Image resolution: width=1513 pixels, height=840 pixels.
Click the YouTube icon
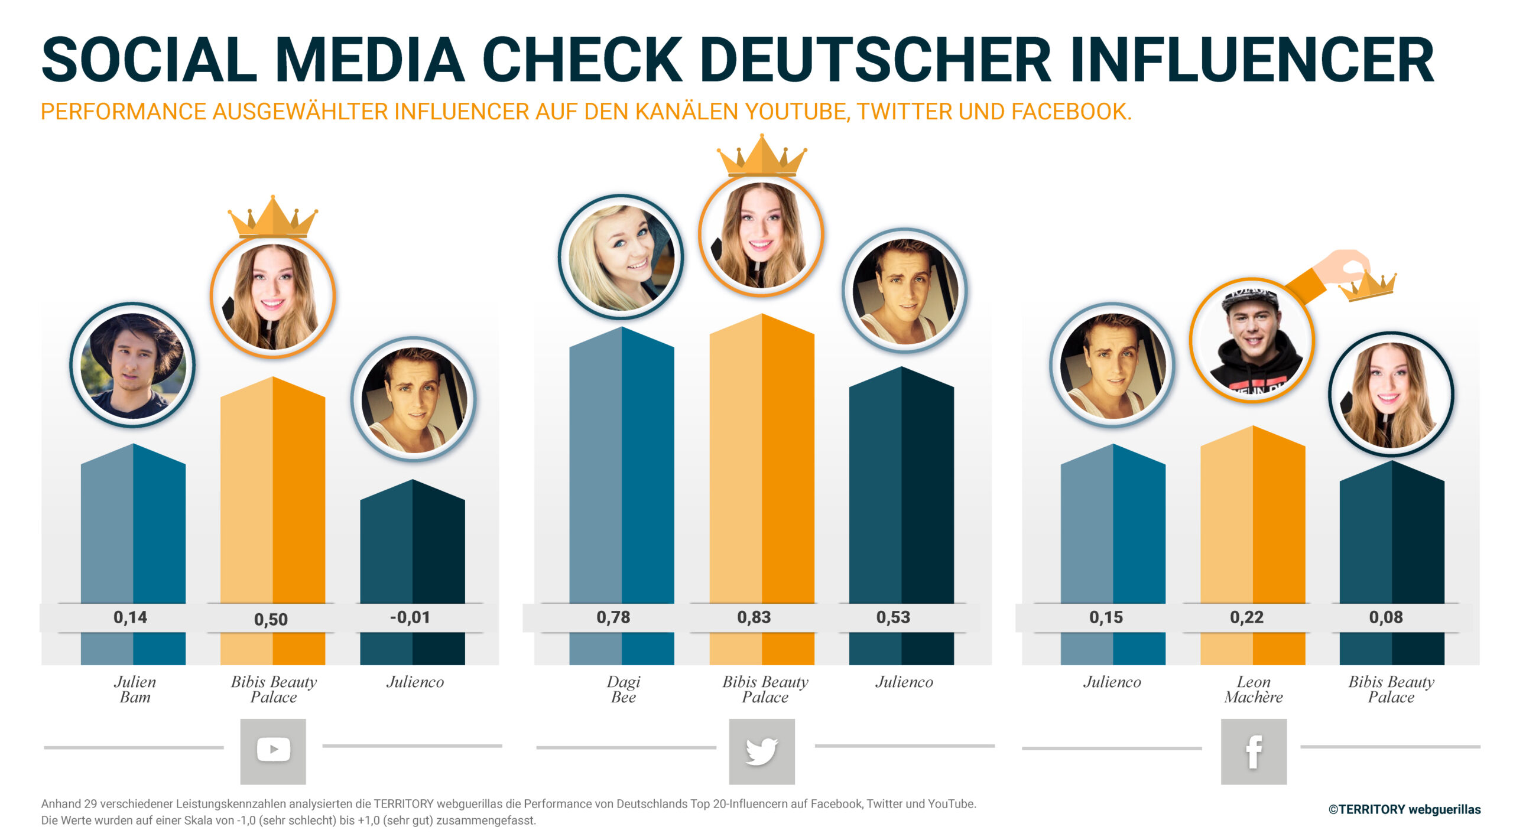pos(273,750)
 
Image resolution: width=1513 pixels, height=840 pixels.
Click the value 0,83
pos(754,617)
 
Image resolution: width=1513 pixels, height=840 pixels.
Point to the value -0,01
pos(410,617)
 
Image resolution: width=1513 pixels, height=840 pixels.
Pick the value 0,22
pos(1246,617)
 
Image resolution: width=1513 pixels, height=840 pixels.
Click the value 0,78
pos(613,617)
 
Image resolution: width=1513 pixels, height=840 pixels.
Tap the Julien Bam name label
pos(135,689)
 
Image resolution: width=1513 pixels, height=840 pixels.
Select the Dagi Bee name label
pos(624,689)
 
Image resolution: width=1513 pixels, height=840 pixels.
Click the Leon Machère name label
pos(1254,689)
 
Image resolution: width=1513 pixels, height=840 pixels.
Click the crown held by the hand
pos(1368,286)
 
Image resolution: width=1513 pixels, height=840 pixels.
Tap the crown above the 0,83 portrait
pos(761,157)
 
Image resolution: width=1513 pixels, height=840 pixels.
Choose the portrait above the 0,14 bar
pos(132,365)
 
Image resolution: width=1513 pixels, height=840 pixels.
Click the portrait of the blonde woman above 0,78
pos(621,257)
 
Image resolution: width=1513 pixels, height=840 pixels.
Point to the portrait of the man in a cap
pos(1252,340)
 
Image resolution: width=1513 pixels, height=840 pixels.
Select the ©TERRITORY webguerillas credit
pos(1404,809)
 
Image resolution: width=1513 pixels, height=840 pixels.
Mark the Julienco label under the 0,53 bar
pos(904,682)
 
